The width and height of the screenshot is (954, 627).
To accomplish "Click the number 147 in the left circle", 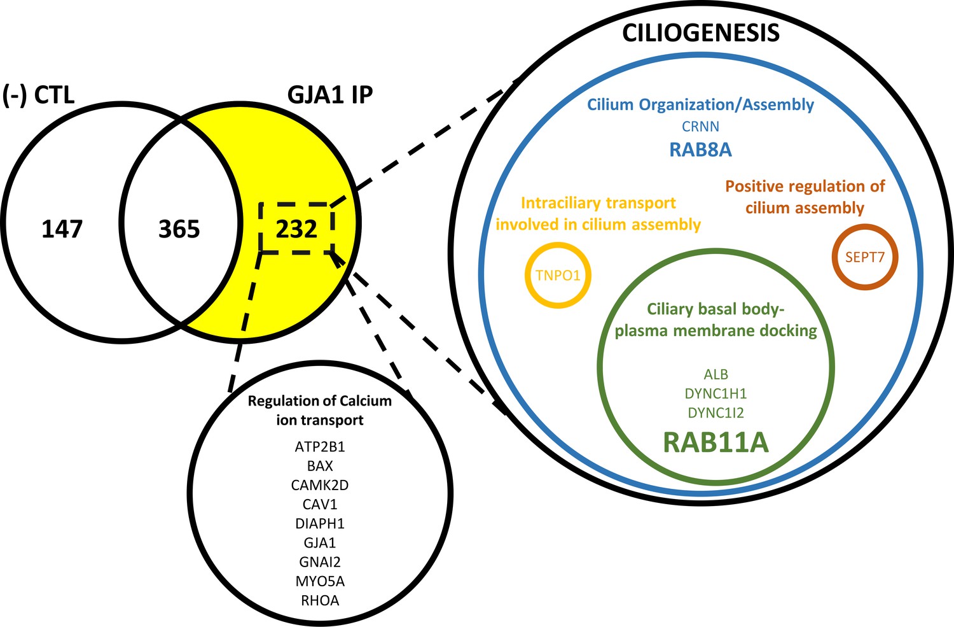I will (x=62, y=229).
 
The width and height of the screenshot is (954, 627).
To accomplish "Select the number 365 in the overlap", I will (x=179, y=229).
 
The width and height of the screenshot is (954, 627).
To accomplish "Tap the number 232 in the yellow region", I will (x=296, y=229).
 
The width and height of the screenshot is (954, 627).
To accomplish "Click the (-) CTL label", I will (x=39, y=95).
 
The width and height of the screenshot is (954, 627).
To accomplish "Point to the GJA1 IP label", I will (x=330, y=95).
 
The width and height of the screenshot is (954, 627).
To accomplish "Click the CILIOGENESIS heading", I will (x=700, y=33).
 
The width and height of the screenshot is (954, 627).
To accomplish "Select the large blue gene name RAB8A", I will (x=700, y=150).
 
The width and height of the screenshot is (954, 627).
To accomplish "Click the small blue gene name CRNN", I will (x=700, y=127).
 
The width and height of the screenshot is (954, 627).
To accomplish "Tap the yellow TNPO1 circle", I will (x=558, y=276).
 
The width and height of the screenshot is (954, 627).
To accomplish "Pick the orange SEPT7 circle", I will (x=864, y=258).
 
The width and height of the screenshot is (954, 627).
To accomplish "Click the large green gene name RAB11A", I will (x=715, y=442).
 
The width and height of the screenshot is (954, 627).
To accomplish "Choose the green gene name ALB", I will (x=715, y=374).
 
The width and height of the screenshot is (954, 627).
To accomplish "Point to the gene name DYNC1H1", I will (x=715, y=393).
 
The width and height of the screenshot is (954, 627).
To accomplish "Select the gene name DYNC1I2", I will (x=715, y=412).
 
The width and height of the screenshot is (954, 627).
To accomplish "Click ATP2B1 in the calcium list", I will (x=320, y=447).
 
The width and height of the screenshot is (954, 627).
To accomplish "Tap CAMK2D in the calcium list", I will (x=320, y=485).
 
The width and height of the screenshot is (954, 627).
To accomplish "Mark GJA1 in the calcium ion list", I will (x=320, y=543).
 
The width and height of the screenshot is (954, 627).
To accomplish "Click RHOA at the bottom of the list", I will (x=320, y=600).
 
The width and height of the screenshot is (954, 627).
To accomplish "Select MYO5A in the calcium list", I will (x=320, y=581).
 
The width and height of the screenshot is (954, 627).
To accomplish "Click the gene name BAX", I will (x=320, y=466).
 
